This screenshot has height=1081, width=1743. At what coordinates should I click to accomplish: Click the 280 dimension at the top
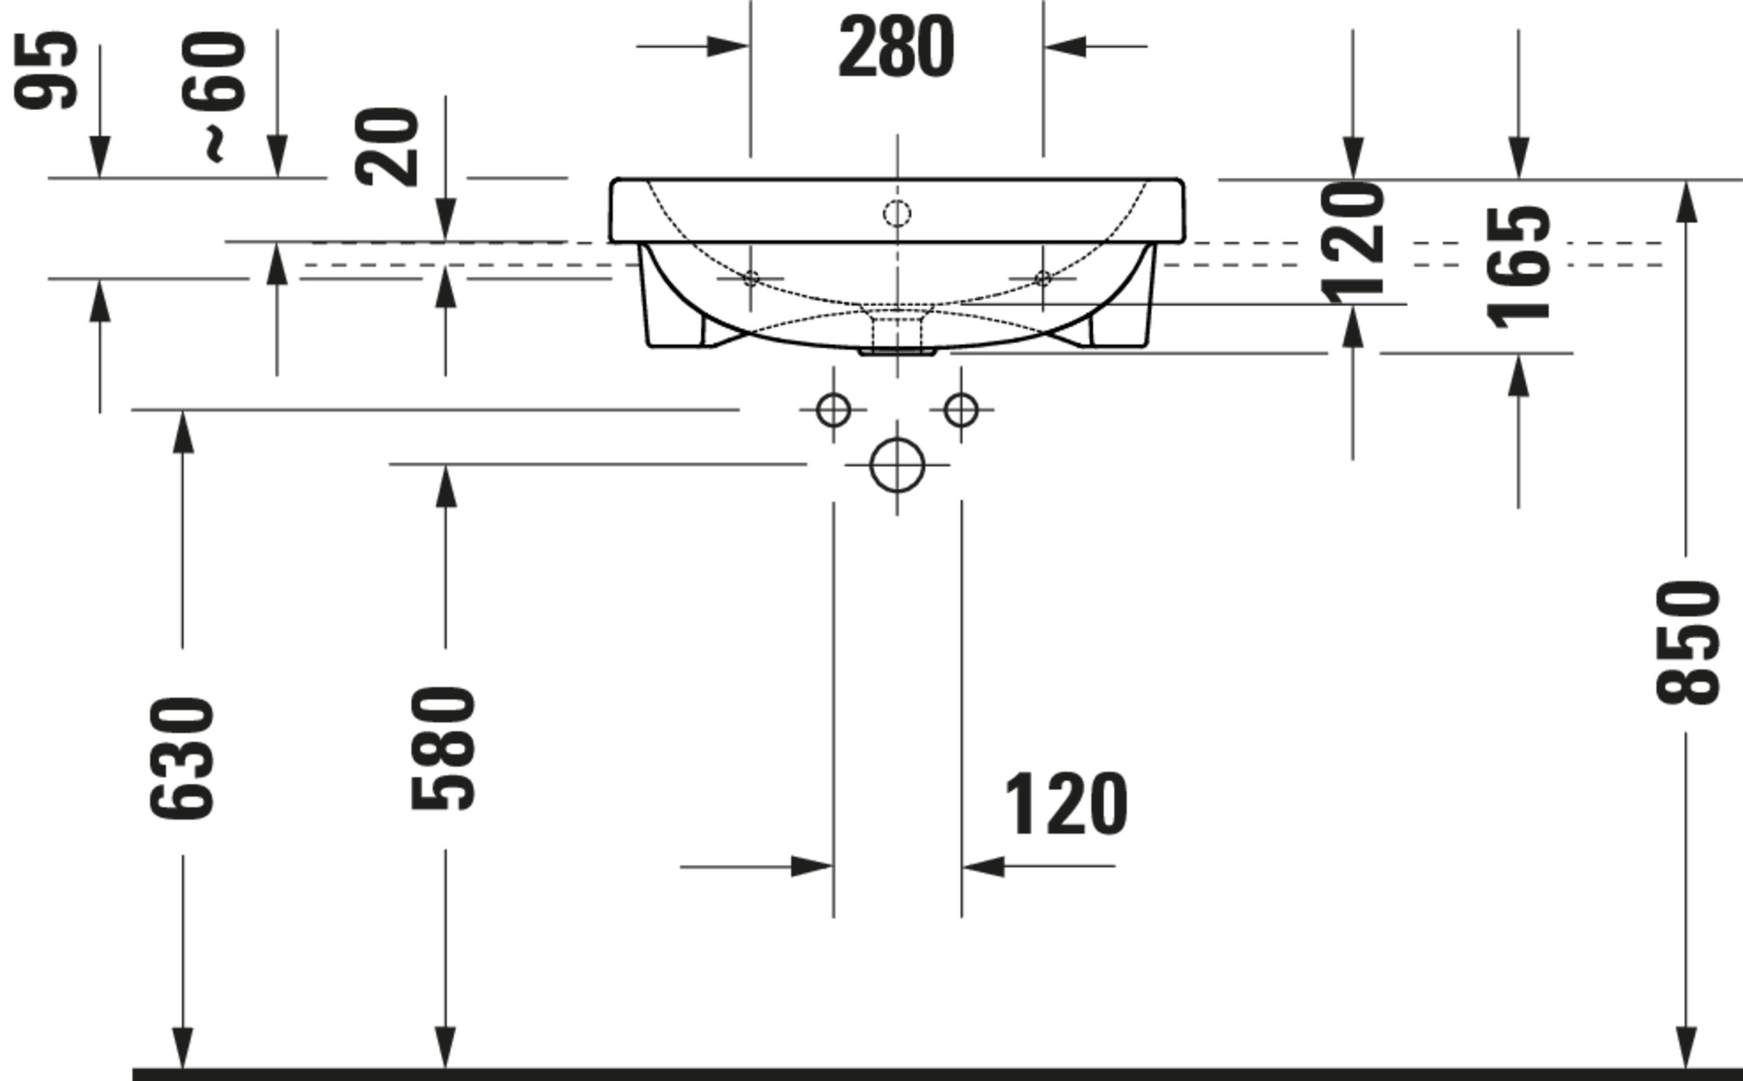(x=895, y=46)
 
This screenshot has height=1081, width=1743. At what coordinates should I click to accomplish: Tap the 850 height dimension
(x=1687, y=643)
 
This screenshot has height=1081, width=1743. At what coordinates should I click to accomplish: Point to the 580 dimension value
(x=444, y=748)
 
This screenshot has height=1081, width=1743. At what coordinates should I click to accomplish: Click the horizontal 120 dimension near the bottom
(x=1066, y=804)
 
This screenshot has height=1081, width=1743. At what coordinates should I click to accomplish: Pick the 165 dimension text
(x=1518, y=268)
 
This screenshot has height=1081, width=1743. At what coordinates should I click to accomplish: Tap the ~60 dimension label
(x=214, y=93)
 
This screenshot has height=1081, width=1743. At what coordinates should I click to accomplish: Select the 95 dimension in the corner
(x=46, y=70)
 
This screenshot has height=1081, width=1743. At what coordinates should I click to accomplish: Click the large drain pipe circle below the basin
(x=898, y=466)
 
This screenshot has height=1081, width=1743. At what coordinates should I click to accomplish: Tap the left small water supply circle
(x=833, y=410)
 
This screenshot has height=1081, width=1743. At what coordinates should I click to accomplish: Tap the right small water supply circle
(x=960, y=410)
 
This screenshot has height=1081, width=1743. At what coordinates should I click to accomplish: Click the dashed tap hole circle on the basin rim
(x=898, y=213)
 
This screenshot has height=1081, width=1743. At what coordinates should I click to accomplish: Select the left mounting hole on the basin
(x=751, y=278)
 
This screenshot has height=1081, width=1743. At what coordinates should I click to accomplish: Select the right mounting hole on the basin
(x=1043, y=278)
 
